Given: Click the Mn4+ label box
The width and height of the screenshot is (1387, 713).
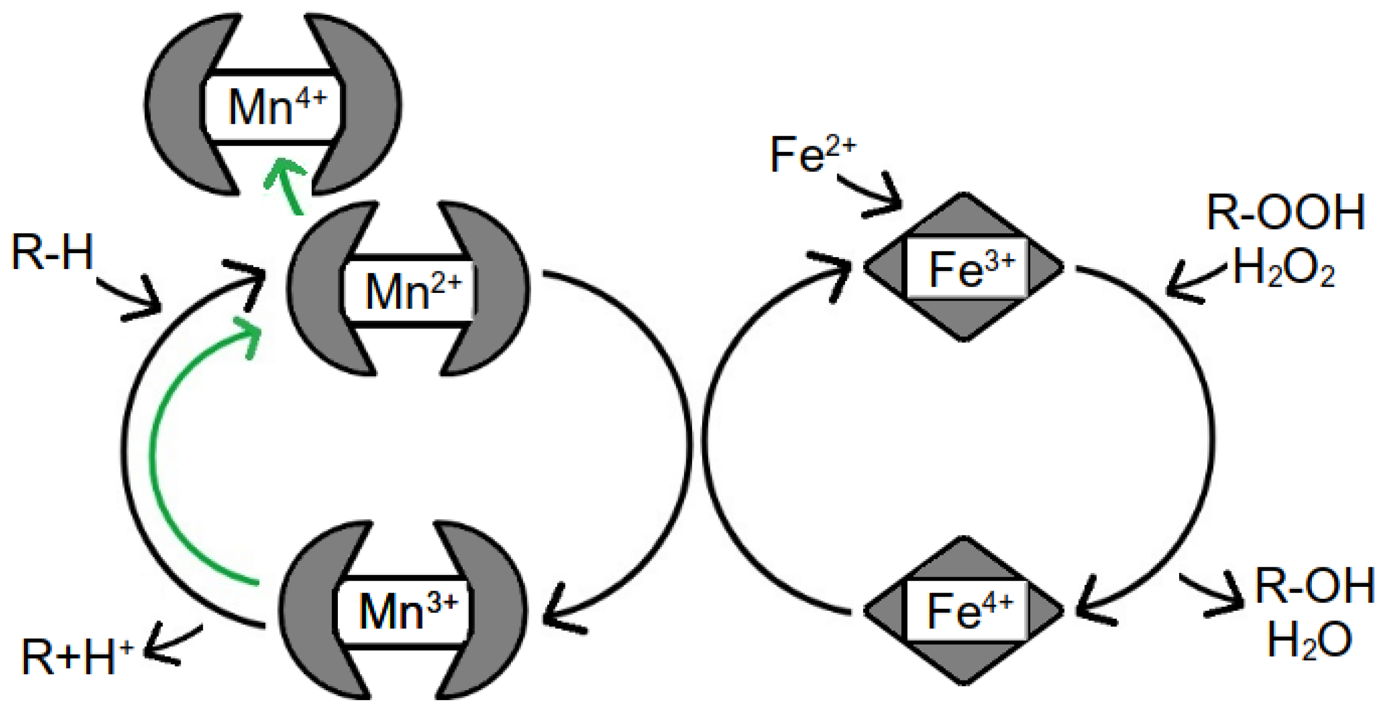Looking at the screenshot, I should tap(273, 106).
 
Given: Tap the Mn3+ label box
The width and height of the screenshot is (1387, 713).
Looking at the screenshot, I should tap(404, 612).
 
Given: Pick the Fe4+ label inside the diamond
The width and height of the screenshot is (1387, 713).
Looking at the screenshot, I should tap(966, 611).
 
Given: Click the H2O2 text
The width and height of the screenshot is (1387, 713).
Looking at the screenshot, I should tap(1284, 269).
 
